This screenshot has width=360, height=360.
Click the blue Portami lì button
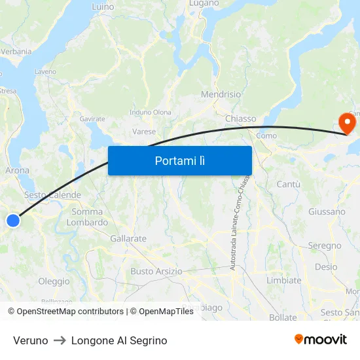click(180, 160)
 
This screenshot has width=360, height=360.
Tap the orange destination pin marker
click(346, 122)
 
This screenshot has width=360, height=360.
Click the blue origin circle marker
click(13, 221)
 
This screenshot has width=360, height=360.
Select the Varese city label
click(144, 132)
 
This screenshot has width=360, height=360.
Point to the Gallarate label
click(128, 238)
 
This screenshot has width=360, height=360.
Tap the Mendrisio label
click(221, 94)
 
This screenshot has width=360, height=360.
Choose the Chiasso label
click(240, 118)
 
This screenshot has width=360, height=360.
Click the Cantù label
click(288, 185)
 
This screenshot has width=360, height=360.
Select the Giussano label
click(327, 211)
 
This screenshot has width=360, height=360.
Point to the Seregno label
click(325, 245)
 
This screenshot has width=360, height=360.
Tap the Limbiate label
click(284, 280)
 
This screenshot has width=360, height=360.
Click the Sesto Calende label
click(52, 195)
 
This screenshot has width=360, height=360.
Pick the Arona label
click(17, 170)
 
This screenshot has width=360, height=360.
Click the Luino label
click(103, 7)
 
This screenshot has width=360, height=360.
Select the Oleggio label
click(54, 281)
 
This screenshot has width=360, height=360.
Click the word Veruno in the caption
click(30, 340)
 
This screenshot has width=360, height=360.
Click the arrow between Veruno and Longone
click(60, 340)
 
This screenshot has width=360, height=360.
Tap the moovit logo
click(321, 339)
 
